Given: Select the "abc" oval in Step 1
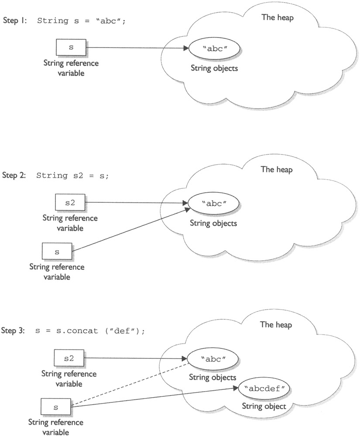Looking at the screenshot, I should click(214, 49).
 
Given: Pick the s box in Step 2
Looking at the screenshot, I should click(58, 252).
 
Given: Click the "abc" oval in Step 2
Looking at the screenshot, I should click(213, 204).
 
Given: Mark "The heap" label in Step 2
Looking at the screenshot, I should click(277, 170).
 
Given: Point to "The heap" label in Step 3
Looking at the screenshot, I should click(276, 325).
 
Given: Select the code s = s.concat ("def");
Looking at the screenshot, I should click(89, 330).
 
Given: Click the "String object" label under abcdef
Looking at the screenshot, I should click(264, 406).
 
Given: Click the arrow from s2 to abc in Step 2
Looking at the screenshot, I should click(135, 203).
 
